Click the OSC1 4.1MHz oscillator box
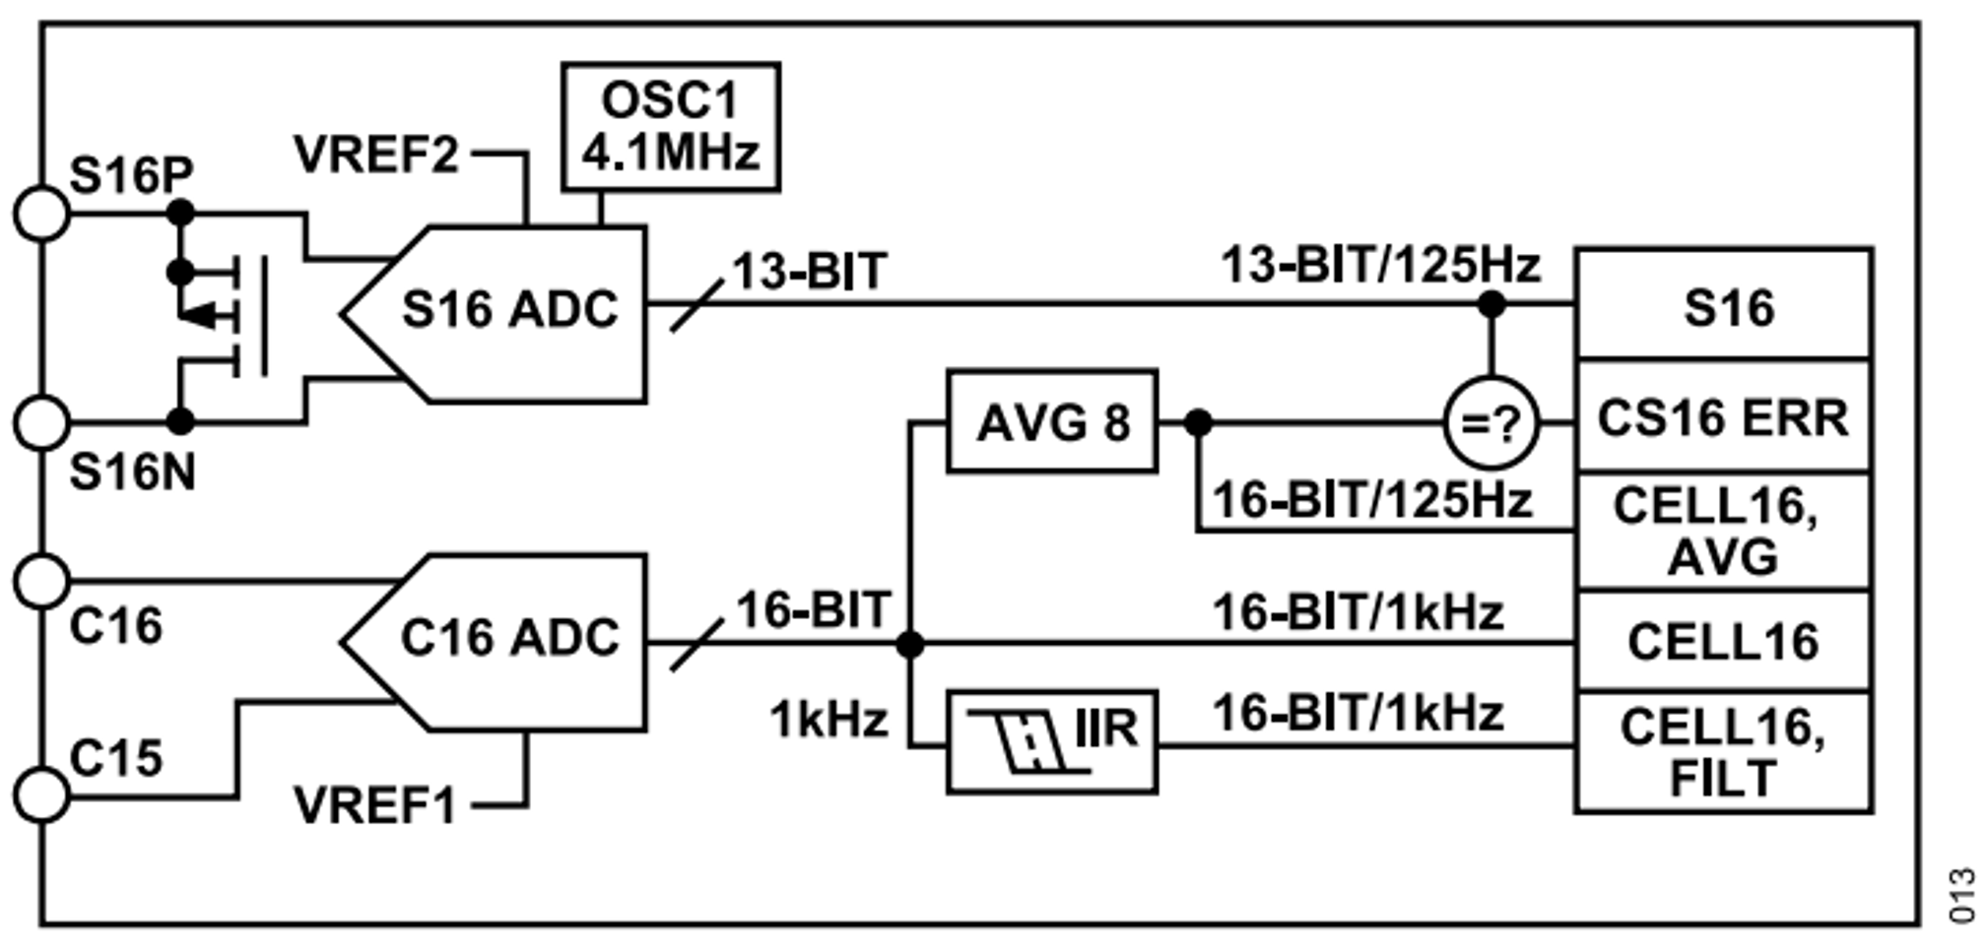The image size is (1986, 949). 671,127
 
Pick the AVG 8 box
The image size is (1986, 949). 1052,422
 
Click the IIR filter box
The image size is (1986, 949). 1052,742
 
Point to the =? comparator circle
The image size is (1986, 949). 1490,423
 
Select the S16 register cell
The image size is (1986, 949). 1724,305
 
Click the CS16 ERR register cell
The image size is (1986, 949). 1724,417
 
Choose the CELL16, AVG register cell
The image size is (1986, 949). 1724,532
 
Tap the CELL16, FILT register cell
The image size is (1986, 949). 1724,752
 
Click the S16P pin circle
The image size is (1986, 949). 41,213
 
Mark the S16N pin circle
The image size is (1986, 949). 41,422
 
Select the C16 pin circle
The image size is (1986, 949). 41,581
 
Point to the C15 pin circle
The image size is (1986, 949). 41,794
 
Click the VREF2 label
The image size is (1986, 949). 376,155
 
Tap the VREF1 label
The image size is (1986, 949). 375,806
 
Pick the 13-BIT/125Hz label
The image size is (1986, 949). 1379,265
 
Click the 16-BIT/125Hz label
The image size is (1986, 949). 1371,500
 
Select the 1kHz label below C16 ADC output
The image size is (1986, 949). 828,720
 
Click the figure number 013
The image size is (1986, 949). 1962,895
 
